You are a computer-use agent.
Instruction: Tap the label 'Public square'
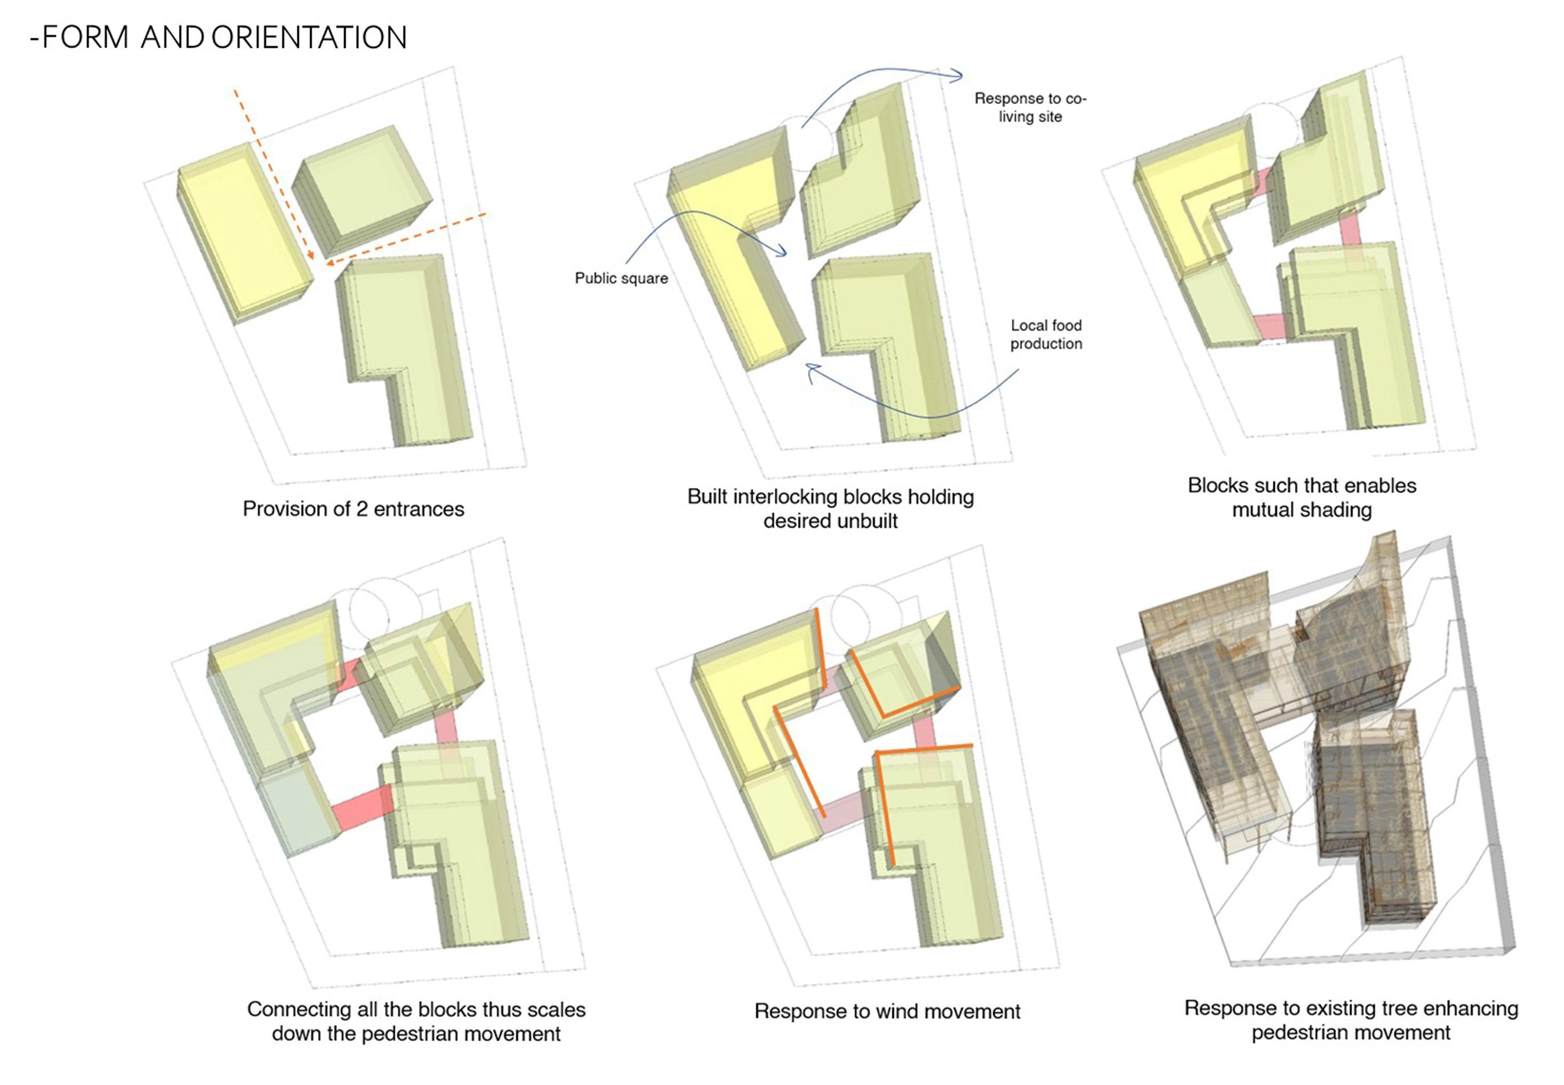pyautogui.click(x=621, y=278)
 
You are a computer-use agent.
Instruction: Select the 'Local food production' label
pyautogui.click(x=1045, y=334)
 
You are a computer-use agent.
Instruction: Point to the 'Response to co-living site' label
pyautogui.click(x=1030, y=107)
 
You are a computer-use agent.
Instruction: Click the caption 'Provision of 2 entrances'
pyautogui.click(x=353, y=509)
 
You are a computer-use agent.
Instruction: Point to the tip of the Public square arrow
pyautogui.click(x=785, y=255)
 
